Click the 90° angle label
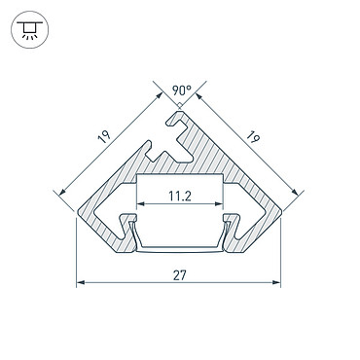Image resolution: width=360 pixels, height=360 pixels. tap(182, 90)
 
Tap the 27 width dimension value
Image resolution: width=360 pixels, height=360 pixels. tap(179, 275)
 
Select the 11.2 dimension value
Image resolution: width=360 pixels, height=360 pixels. tap(180, 197)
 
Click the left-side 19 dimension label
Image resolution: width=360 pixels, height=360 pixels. tap(104, 137)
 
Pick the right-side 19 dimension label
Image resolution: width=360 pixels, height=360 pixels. tap(253, 137)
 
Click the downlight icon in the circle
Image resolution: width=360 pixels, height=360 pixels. tap(29, 30)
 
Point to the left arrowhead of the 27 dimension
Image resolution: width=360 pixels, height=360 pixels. tap(81, 282)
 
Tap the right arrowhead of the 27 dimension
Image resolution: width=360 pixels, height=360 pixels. tap(276, 282)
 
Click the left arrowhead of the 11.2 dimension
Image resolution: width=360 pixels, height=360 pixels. tap(140, 204)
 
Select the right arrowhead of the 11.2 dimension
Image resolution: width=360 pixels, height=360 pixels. tap(219, 204)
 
